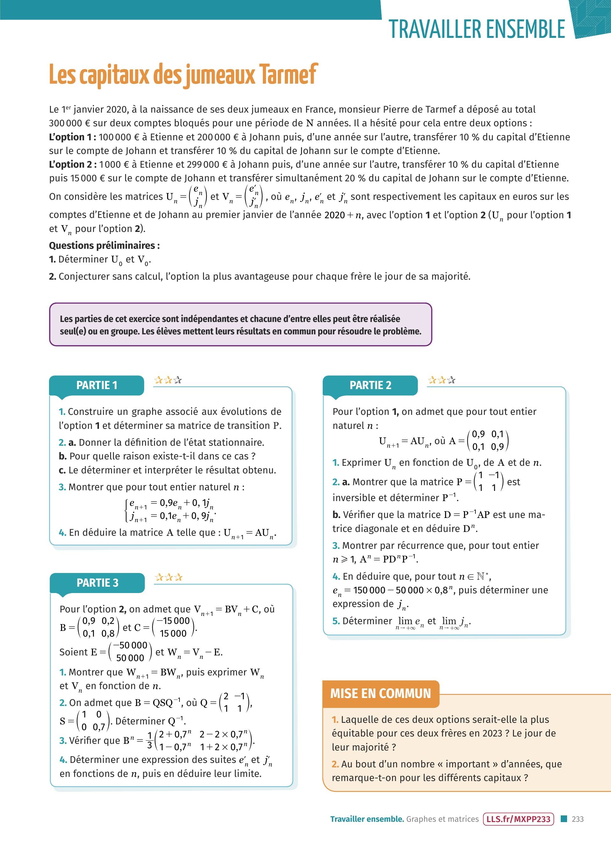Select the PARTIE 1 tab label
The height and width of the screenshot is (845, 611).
point(96,385)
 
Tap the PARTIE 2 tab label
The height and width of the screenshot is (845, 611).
point(370,385)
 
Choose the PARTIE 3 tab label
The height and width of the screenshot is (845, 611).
point(97,583)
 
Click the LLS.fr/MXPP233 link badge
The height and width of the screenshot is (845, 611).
point(518,819)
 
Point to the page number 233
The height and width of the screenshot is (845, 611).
point(578,819)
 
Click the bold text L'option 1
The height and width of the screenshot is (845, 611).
point(72,137)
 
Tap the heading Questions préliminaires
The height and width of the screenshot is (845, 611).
point(104,246)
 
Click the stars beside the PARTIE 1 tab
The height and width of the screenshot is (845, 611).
point(168,380)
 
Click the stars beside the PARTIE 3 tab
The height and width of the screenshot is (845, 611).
point(168,577)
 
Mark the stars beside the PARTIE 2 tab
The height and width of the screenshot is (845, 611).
point(442,380)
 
